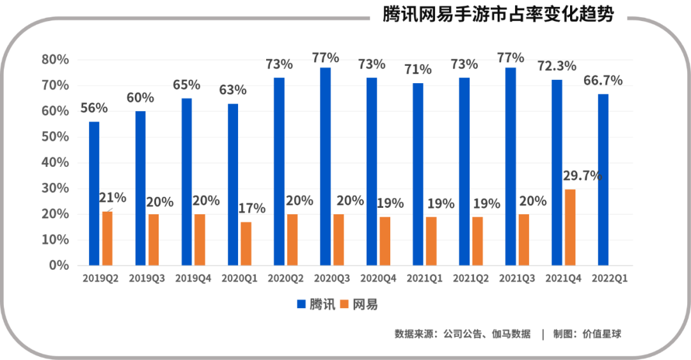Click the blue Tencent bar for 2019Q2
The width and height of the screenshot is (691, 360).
tap(94, 193)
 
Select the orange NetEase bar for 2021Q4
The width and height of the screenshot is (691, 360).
tap(569, 227)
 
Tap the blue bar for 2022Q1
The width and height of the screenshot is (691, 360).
tap(603, 179)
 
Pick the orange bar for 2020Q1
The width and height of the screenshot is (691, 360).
tap(246, 244)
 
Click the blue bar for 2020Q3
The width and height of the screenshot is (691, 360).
tap(325, 166)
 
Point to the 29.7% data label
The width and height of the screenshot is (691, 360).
tap(582, 175)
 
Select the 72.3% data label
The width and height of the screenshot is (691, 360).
tap(556, 65)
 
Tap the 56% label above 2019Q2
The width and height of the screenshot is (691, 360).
tap(94, 108)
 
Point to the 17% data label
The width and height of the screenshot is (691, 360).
tap(251, 208)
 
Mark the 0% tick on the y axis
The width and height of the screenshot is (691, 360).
tap(58, 265)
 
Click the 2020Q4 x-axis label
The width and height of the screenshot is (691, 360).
tap(377, 279)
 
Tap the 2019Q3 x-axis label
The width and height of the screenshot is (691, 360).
tap(147, 279)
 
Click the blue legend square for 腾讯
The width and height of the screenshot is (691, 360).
tap(301, 304)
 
